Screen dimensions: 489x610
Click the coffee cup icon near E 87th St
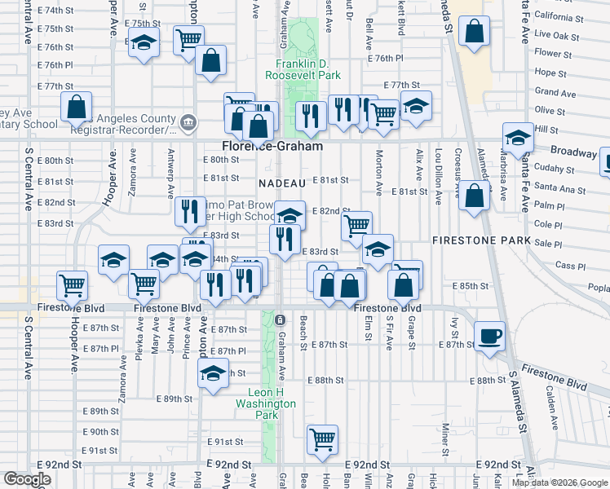[x=489, y=336]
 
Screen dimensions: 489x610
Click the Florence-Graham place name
[x=272, y=146]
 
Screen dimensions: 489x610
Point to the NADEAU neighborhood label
[x=282, y=183]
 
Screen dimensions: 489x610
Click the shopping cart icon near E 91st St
[x=323, y=438]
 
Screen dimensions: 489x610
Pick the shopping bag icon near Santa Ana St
[x=474, y=196]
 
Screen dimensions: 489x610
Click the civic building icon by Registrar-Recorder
[x=188, y=123]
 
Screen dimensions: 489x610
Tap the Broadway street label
[x=573, y=152]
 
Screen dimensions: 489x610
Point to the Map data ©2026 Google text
[x=559, y=482]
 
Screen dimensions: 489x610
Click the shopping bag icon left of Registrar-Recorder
[x=76, y=107]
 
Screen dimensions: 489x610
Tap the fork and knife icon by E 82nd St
[x=189, y=211]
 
